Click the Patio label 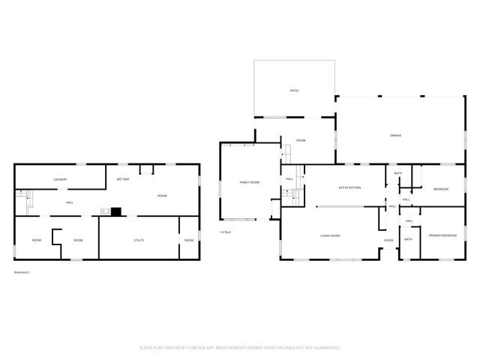click(295, 91)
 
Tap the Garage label click(395, 135)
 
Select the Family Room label click(250, 183)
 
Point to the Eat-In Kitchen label click(350, 187)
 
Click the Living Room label click(330, 236)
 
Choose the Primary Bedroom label click(442, 236)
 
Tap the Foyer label click(388, 240)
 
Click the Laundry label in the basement click(61, 180)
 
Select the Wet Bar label click(122, 180)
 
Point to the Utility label click(139, 240)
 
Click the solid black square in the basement click(115, 212)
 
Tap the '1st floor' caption click(225, 232)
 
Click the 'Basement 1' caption click(22, 271)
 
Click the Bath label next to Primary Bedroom click(409, 239)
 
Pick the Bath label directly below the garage click(398, 174)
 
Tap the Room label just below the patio click(301, 140)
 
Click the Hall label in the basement click(69, 202)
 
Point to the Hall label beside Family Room click(289, 178)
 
